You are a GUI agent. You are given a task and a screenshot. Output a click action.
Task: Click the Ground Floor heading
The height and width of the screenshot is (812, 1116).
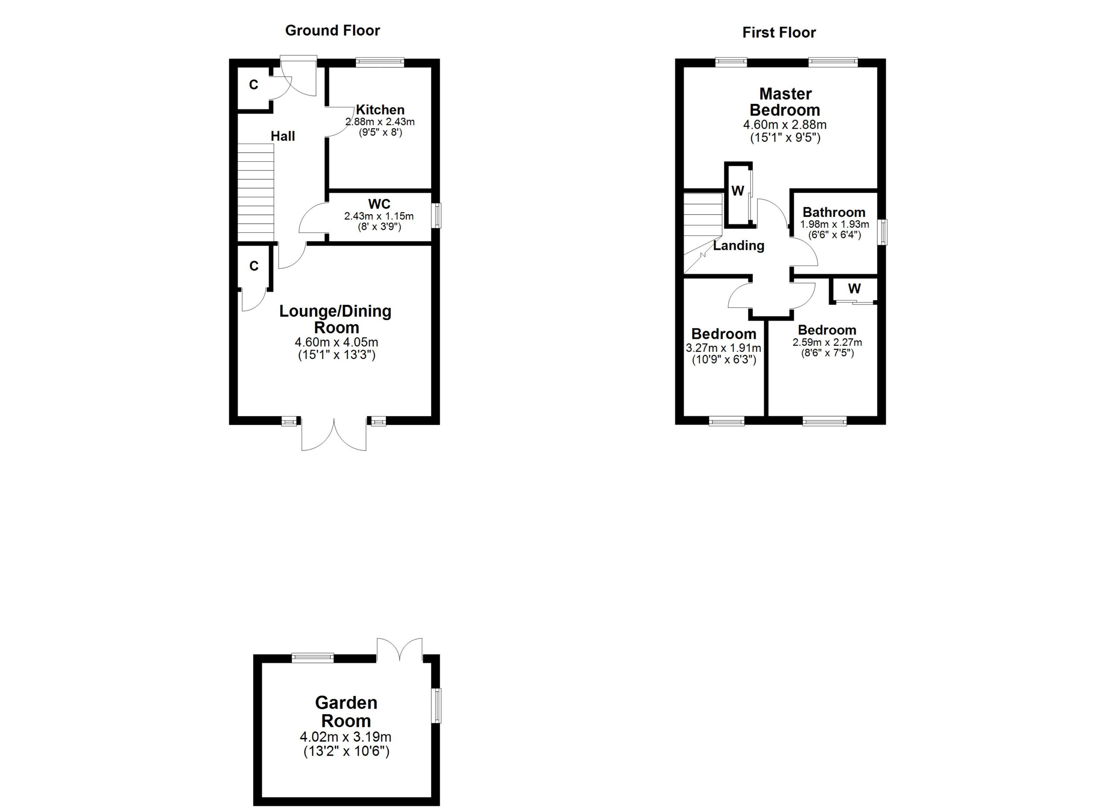[x=332, y=31]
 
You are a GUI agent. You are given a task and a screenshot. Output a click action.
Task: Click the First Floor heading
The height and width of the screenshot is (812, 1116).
[x=779, y=32]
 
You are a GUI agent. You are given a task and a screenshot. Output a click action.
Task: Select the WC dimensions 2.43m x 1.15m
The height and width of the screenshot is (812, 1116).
[x=379, y=216]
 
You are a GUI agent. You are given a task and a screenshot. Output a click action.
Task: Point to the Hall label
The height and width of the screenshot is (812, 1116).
[x=282, y=136]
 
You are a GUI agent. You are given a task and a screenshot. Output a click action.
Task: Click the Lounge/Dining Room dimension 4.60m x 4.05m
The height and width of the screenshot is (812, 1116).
[x=336, y=342]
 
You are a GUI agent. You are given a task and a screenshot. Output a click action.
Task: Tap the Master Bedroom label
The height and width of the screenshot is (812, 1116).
[x=785, y=102]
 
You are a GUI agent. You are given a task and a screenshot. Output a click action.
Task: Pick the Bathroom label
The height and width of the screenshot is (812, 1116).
[x=834, y=212]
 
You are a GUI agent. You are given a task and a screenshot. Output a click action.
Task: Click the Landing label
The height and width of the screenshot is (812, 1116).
[x=738, y=246]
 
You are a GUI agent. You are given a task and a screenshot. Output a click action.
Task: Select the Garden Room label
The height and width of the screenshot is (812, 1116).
[x=346, y=712]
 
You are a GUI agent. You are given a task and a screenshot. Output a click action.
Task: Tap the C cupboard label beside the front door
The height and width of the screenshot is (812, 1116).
[x=253, y=85]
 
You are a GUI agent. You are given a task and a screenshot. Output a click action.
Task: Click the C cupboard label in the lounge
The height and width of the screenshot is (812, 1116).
[x=254, y=266]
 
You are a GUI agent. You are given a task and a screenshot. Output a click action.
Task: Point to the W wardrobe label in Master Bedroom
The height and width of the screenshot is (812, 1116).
[x=738, y=191]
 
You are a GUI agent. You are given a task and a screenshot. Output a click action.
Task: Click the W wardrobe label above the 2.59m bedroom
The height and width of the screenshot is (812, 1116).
[x=855, y=288]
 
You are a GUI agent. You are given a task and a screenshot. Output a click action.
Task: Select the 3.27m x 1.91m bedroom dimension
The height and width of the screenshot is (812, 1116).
[x=723, y=348]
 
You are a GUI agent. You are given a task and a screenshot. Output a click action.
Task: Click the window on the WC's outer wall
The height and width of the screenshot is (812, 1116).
[x=436, y=216]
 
